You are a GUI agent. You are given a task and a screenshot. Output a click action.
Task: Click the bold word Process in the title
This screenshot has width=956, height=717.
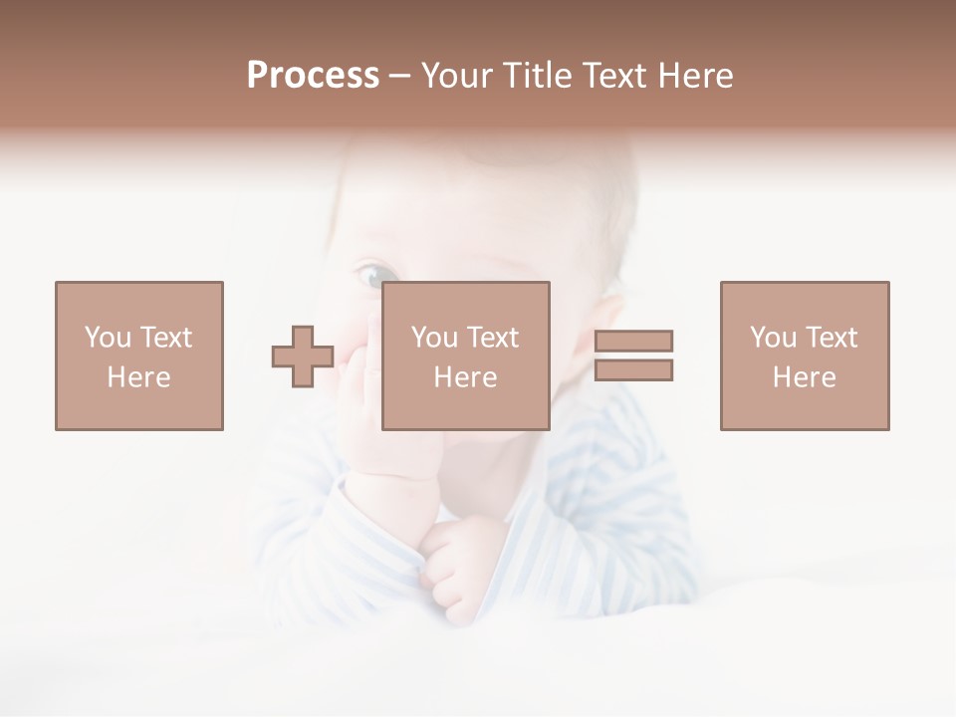(x=313, y=76)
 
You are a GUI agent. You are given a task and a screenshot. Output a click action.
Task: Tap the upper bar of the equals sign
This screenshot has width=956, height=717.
(x=633, y=341)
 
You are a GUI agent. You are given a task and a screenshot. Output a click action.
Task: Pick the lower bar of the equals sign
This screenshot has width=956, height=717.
(x=633, y=370)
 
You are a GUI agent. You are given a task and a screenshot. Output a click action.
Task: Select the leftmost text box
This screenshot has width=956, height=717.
(x=139, y=356)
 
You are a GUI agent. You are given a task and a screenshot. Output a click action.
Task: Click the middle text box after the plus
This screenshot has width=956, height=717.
(x=466, y=356)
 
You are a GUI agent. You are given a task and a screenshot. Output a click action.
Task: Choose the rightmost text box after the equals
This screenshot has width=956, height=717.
(x=805, y=356)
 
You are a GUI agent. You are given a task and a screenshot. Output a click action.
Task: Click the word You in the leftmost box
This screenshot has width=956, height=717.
(x=107, y=338)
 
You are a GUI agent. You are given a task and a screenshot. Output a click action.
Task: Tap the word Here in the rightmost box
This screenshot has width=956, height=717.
(x=805, y=377)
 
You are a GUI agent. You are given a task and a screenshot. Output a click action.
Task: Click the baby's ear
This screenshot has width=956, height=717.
(x=595, y=344)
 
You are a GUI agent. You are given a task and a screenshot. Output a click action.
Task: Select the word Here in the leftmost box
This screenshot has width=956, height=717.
(x=139, y=377)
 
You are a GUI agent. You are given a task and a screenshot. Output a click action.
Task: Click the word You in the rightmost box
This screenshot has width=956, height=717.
(x=773, y=338)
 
